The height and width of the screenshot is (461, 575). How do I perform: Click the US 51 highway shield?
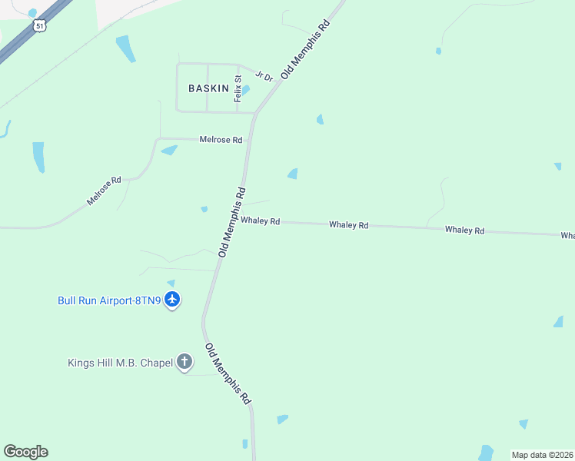(x=40, y=25)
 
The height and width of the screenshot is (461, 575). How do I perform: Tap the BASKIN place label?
(x=208, y=88)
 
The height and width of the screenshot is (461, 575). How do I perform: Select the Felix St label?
(x=238, y=88)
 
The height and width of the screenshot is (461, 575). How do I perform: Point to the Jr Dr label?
(x=264, y=76)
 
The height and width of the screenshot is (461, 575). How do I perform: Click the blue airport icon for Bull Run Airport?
(x=172, y=299)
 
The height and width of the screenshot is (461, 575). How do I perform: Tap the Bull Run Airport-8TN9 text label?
(x=109, y=300)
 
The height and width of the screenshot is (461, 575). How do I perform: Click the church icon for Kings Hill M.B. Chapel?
(x=184, y=361)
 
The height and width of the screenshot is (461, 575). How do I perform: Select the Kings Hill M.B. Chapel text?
(x=120, y=363)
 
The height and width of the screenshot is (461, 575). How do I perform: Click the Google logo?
(x=25, y=452)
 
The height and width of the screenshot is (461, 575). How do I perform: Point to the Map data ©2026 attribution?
(x=542, y=455)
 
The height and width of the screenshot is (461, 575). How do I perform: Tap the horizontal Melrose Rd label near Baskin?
(x=221, y=140)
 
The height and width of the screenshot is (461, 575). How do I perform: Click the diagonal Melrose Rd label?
(x=104, y=191)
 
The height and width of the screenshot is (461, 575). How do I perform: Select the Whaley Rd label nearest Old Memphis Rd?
(x=260, y=221)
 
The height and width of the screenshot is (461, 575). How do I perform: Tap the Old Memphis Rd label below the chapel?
(x=228, y=374)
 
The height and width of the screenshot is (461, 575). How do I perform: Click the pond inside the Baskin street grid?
(x=245, y=90)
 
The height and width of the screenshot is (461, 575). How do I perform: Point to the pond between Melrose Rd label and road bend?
(x=169, y=150)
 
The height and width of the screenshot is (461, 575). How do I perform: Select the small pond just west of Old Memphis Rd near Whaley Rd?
(x=204, y=209)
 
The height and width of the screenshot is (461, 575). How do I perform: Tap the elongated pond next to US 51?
(x=125, y=48)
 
